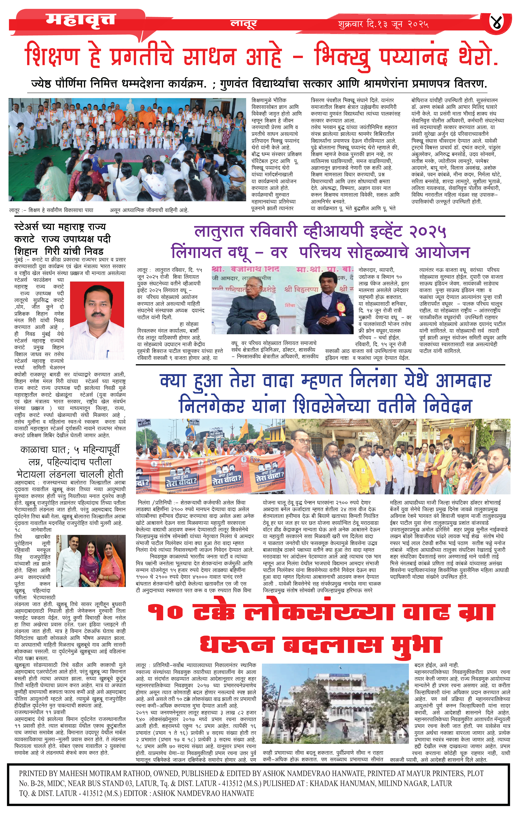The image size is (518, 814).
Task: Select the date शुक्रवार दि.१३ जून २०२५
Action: [383, 24]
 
